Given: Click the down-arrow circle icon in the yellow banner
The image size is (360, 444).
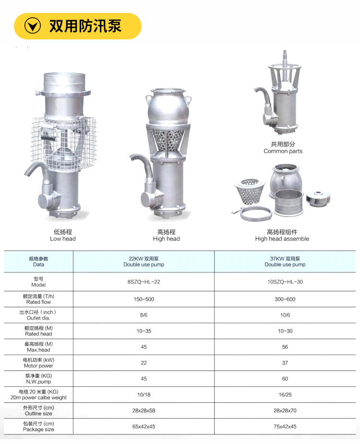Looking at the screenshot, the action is (33, 26).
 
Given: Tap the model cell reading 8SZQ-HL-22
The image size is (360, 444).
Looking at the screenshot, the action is (144, 282).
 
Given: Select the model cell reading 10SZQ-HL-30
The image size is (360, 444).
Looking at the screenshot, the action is (285, 282).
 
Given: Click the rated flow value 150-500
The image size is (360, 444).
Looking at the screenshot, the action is (144, 299).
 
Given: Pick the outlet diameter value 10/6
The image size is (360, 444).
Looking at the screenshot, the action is (285, 315).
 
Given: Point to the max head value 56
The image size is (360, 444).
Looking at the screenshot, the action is (285, 347).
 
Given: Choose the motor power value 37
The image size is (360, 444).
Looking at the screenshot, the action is (285, 363).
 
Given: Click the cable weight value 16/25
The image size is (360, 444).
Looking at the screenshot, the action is (285, 395).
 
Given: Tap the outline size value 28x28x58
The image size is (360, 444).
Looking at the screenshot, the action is (144, 410).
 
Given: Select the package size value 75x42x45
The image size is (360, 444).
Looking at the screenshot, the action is (285, 426).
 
